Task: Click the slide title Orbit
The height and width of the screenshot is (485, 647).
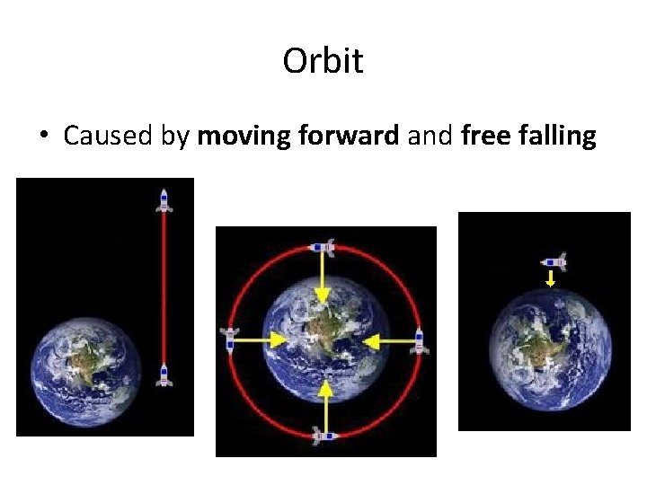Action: point(323,61)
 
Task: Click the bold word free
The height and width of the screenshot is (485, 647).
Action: point(484,136)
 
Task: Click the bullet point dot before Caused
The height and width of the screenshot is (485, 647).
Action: point(43,137)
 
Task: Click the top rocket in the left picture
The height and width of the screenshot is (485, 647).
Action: point(164,199)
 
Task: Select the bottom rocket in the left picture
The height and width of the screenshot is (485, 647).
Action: point(164,375)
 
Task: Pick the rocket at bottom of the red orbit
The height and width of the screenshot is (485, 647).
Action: point(324,435)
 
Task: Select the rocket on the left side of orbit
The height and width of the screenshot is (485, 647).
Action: point(229,339)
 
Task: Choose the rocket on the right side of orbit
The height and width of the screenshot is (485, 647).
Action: point(419,340)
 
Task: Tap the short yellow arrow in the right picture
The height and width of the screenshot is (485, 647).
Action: point(552,279)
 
